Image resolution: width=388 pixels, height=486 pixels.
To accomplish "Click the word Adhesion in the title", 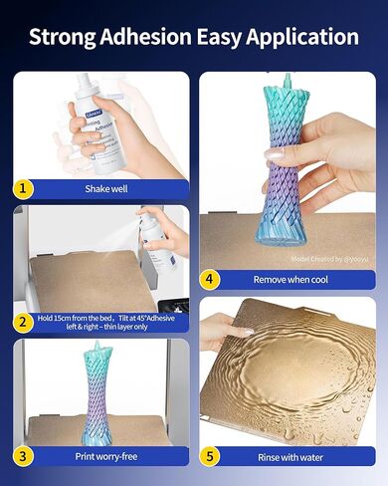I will click(153, 37).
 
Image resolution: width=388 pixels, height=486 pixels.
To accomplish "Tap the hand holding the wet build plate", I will click(224, 334).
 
